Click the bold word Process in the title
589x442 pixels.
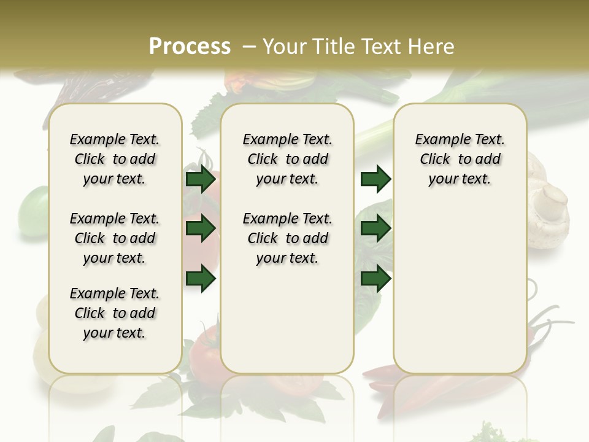tap(190, 47)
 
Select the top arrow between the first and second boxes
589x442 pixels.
tap(201, 179)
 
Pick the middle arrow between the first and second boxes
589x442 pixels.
tap(201, 229)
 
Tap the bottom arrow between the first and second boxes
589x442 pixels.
tap(201, 279)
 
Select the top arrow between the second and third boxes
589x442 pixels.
tap(375, 179)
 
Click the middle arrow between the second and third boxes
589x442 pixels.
tap(375, 229)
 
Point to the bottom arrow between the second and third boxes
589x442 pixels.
tap(375, 279)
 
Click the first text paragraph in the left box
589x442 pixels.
tap(115, 159)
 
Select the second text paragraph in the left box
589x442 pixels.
tap(115, 238)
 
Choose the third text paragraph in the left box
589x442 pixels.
tap(115, 313)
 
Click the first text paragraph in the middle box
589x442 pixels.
tap(287, 159)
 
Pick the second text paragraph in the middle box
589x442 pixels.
tap(287, 238)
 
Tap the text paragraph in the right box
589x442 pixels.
tap(460, 159)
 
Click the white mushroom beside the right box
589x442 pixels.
tap(550, 209)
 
